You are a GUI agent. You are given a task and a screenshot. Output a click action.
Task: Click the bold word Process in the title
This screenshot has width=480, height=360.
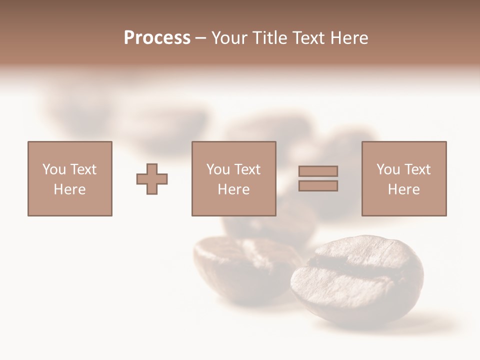pyautogui.click(x=157, y=38)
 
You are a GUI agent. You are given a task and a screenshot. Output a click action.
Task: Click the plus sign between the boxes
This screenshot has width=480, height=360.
pyautogui.click(x=152, y=178)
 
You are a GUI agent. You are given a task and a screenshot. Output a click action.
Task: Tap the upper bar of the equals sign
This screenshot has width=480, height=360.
pyautogui.click(x=318, y=171)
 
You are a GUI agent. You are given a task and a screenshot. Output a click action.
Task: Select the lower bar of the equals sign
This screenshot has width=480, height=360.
pyautogui.click(x=318, y=186)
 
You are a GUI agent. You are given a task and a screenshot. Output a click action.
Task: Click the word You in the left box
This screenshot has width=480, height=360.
pyautogui.click(x=53, y=169)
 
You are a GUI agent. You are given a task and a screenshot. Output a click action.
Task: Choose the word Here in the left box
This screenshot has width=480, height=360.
pyautogui.click(x=69, y=189)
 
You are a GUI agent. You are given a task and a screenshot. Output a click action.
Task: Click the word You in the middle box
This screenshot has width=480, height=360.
pyautogui.click(x=218, y=169)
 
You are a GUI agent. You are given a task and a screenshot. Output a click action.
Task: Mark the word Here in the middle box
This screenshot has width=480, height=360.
pyautogui.click(x=233, y=189)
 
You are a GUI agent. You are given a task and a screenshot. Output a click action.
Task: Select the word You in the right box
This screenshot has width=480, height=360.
pyautogui.click(x=388, y=169)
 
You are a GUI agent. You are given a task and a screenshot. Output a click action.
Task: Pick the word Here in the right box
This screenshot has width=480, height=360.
pyautogui.click(x=403, y=189)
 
